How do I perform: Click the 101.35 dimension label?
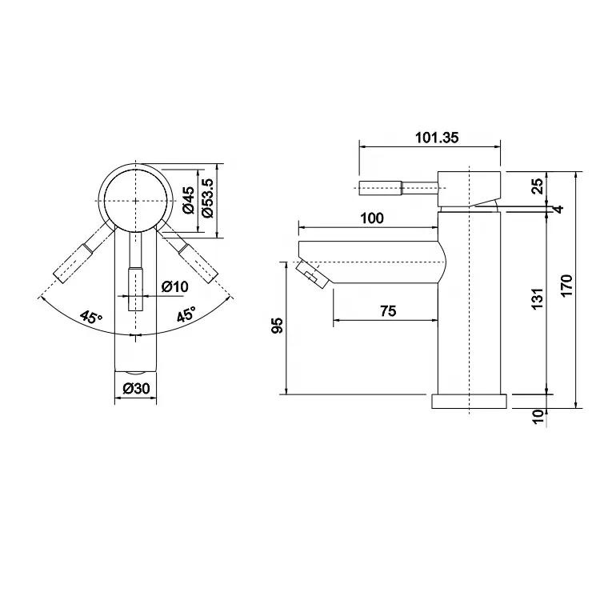click(x=437, y=138)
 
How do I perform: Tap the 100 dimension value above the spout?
click(x=372, y=218)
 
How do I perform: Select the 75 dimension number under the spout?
click(x=388, y=311)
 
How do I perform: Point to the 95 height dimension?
click(x=278, y=326)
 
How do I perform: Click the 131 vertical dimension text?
click(x=538, y=299)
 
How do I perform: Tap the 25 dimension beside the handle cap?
click(x=538, y=186)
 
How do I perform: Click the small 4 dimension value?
click(x=559, y=210)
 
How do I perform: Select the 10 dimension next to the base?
click(x=538, y=416)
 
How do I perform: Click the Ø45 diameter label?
click(x=189, y=200)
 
